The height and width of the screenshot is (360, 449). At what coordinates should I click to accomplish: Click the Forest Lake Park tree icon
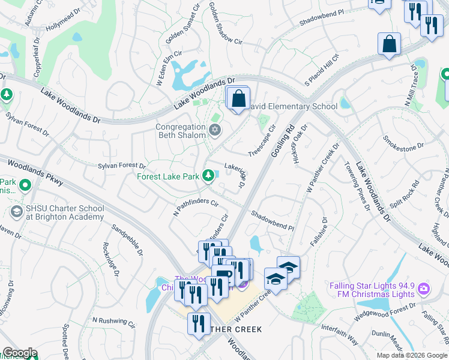pyautogui.click(x=208, y=176)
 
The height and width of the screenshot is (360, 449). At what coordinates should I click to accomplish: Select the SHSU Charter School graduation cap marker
pyautogui.click(x=16, y=212)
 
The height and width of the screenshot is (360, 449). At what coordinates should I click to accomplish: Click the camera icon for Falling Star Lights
pyautogui.click(x=424, y=290)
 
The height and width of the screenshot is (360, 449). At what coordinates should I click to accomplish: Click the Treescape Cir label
pyautogui.click(x=262, y=140)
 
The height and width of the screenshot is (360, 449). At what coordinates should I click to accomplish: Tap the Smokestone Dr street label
pyautogui.click(x=403, y=142)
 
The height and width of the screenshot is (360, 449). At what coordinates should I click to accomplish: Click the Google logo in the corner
pyautogui.click(x=20, y=353)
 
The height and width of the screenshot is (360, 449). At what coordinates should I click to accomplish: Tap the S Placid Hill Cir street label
pyautogui.click(x=322, y=70)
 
